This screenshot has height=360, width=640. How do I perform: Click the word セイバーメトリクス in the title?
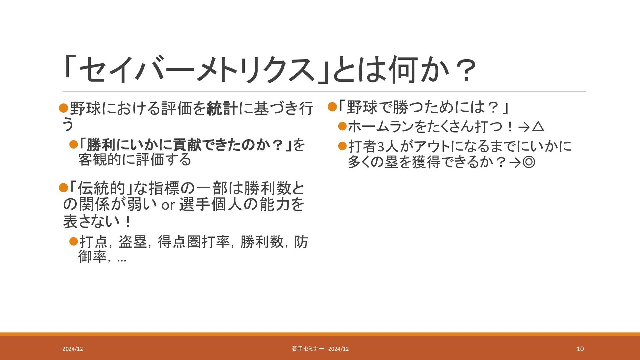pyautogui.click(x=197, y=70)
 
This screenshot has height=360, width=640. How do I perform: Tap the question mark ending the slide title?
pyautogui.click(x=465, y=70)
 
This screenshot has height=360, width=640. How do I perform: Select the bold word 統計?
pyautogui.click(x=222, y=109)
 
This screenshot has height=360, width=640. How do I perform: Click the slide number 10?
pyautogui.click(x=580, y=349)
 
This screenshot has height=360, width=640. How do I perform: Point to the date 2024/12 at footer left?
pyautogui.click(x=73, y=349)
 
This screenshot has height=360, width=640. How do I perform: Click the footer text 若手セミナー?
pyautogui.click(x=308, y=349)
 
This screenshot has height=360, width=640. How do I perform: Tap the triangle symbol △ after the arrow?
pyautogui.click(x=538, y=127)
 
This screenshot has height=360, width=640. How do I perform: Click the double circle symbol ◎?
pyautogui.click(x=529, y=162)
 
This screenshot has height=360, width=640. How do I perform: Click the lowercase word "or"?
pyautogui.click(x=168, y=205)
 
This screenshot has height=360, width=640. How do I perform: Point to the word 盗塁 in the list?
pyautogui.click(x=133, y=242)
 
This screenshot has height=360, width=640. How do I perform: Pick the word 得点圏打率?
pyautogui.click(x=194, y=242)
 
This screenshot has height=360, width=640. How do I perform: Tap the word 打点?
pyautogui.click(x=93, y=242)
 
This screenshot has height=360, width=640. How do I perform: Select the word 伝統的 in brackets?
pyautogui.click(x=101, y=188)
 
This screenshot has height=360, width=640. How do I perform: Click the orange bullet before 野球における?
pyautogui.click(x=63, y=108)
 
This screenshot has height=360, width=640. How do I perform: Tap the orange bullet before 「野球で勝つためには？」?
pyautogui.click(x=332, y=107)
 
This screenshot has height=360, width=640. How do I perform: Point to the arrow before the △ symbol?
pyautogui.click(x=524, y=127)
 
